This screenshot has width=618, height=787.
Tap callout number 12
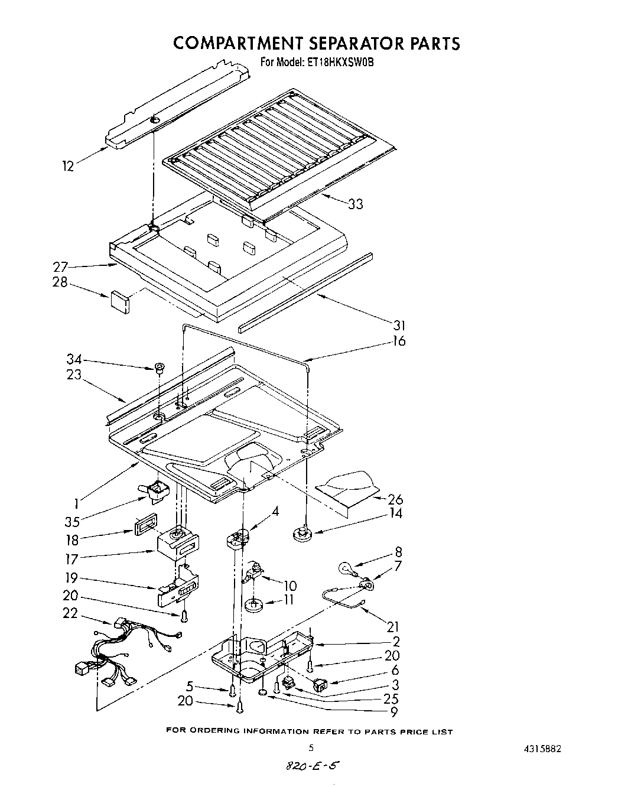(69, 167)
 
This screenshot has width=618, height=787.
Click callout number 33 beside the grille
(356, 204)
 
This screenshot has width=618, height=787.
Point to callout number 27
(61, 266)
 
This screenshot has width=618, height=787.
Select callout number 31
(399, 325)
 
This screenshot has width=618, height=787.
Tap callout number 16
(399, 341)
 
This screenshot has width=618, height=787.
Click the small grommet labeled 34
(158, 370)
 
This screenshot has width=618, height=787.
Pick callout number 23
(74, 375)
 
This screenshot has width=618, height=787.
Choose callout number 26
(396, 499)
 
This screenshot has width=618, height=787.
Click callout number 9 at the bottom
(394, 712)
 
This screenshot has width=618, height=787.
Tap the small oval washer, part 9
(263, 692)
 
